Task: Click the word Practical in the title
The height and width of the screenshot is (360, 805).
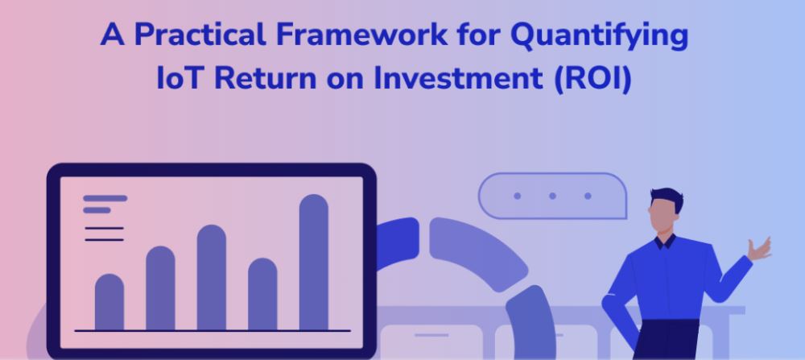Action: coord(200,35)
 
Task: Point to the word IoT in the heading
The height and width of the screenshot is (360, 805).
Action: coord(180,78)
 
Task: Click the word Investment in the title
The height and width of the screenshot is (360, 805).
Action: coord(458,78)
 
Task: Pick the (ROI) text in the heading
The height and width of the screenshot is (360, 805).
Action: coord(593,79)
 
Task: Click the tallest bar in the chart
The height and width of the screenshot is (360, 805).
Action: coord(314,262)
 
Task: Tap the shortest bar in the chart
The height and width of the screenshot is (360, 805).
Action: coord(109,302)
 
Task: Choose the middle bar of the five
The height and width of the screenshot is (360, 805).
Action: coord(212,277)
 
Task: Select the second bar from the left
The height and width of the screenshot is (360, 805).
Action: coord(161,288)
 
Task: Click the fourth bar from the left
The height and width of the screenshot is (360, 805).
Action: coord(263,294)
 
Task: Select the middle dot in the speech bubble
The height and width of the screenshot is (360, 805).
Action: coord(552,196)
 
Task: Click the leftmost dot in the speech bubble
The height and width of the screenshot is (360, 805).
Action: coord(517,196)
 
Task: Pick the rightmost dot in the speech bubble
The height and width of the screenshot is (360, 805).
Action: coord(588,196)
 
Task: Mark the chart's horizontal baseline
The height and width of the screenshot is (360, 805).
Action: coord(213,331)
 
